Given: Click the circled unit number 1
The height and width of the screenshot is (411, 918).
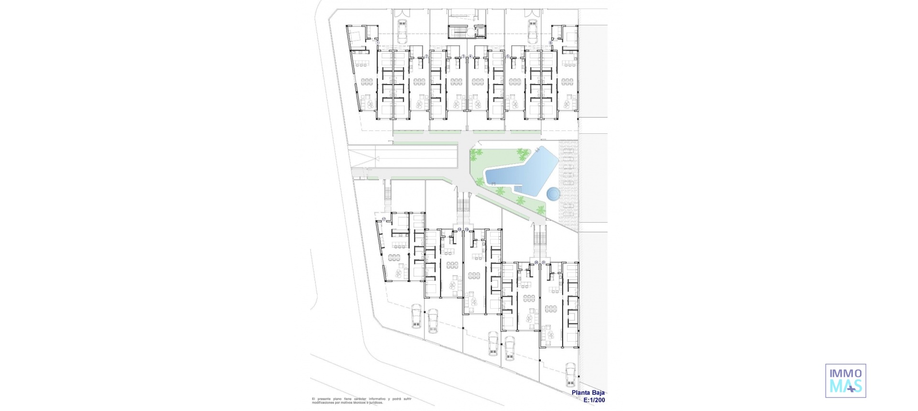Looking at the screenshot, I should [378, 43].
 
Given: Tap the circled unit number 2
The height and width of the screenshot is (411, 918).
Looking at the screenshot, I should [426, 56].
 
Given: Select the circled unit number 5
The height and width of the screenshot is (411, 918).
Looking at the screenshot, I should [507, 56].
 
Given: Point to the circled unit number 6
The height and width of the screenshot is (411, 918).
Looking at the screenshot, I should [550, 43].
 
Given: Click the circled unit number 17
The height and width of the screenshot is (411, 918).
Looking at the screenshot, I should [383, 219].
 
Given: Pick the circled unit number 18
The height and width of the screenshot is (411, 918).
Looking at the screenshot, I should [459, 230].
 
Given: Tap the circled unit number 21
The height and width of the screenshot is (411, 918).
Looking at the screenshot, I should [543, 262].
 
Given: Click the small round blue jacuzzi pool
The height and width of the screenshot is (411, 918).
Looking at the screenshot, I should [554, 194].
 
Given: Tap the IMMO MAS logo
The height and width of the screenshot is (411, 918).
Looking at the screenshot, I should [845, 380].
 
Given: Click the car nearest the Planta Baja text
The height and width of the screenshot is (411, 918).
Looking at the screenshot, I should [570, 375].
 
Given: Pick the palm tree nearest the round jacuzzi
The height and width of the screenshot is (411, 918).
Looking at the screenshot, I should [540, 209].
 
